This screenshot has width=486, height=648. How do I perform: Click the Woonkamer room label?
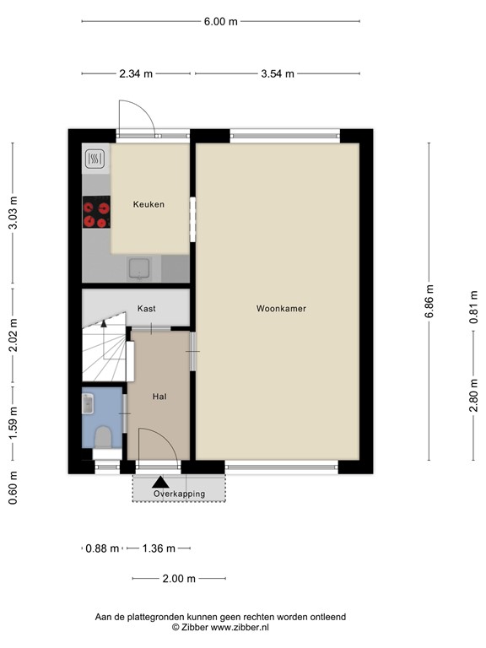pyautogui.click(x=281, y=309)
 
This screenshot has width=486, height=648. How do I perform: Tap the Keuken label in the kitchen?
pyautogui.click(x=148, y=204)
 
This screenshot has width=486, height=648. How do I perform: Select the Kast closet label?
pyautogui.click(x=146, y=310)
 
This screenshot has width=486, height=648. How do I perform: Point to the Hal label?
pyautogui.click(x=159, y=396)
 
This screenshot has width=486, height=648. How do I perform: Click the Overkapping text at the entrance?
pyautogui.click(x=179, y=494)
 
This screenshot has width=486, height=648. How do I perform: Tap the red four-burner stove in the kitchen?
pyautogui.click(x=95, y=212)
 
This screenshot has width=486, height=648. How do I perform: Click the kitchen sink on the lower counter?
pyautogui.click(x=140, y=268)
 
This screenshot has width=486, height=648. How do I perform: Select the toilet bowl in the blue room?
pyautogui.click(x=104, y=435)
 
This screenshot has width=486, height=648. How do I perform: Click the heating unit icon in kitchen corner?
pyautogui.click(x=95, y=158)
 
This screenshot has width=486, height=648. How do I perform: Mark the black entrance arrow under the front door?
pyautogui.click(x=159, y=483)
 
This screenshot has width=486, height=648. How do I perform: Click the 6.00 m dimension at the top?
pyautogui.click(x=221, y=22)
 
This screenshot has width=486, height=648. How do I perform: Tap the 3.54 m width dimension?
pyautogui.click(x=277, y=73)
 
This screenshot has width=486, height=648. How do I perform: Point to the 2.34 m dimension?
pyautogui.click(x=137, y=73)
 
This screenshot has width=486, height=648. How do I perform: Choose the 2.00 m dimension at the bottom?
pyautogui.click(x=179, y=579)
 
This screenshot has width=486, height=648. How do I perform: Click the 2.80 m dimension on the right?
pyautogui.click(x=472, y=394)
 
